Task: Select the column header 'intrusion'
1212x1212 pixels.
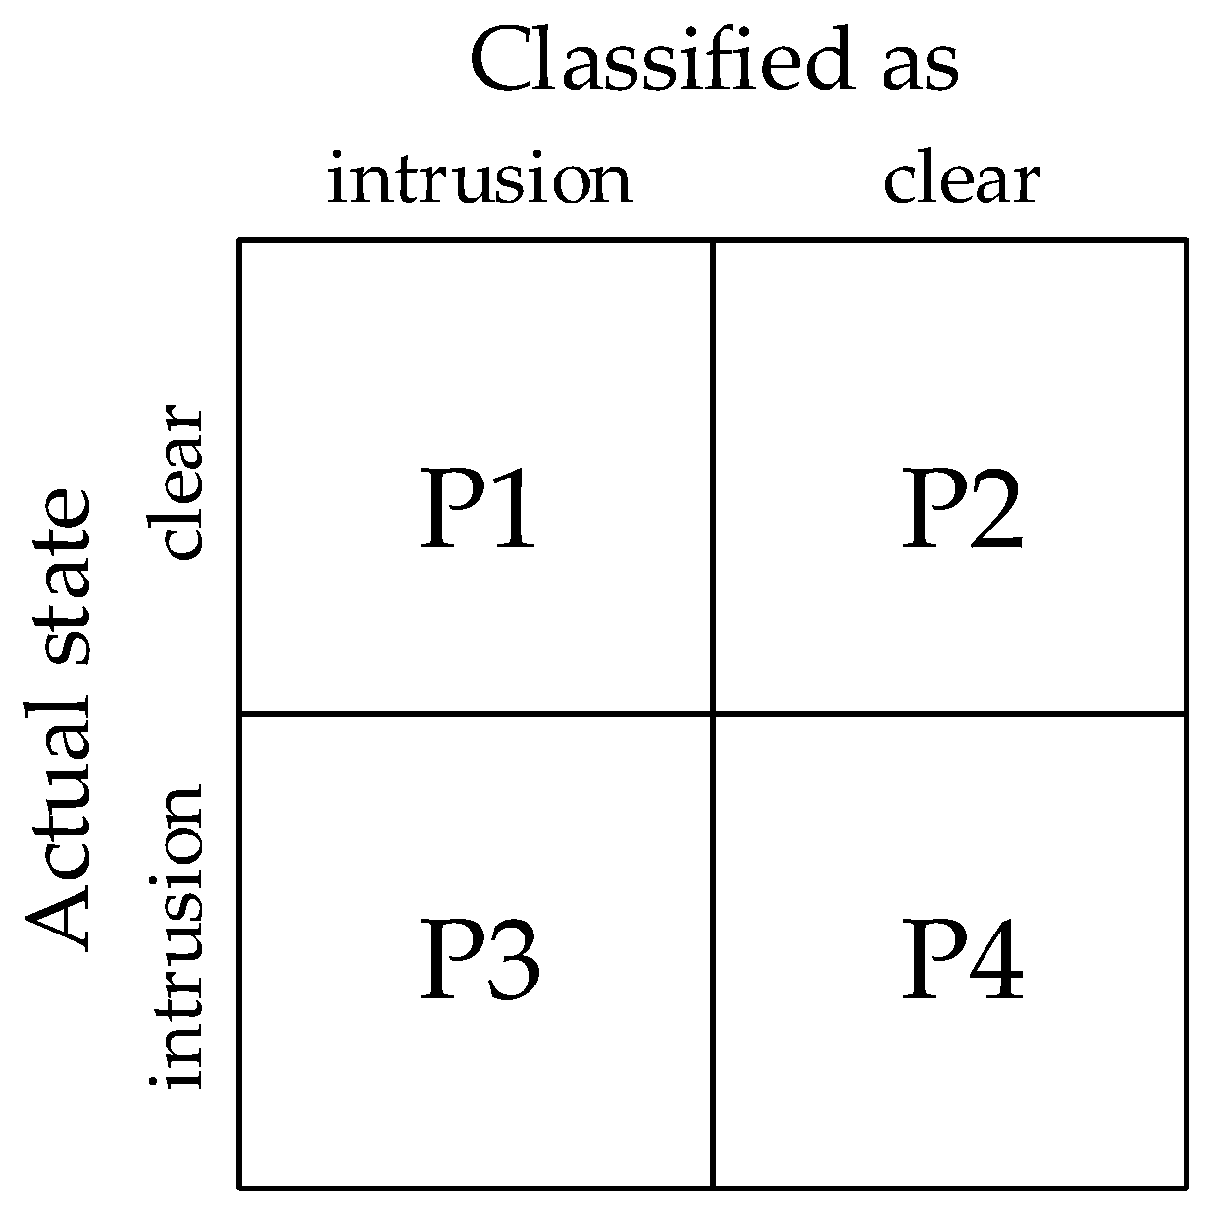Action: point(480,179)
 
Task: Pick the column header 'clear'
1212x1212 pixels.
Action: point(961,179)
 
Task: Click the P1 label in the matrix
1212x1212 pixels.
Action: point(478,507)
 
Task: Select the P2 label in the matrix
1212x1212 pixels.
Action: point(962,507)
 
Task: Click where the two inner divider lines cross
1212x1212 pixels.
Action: point(713,713)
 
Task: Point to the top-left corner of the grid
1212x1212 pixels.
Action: point(240,240)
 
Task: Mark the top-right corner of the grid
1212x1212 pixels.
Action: point(1187,240)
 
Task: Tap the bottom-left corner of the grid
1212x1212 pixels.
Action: point(240,1187)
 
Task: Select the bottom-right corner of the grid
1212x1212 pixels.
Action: point(1187,1187)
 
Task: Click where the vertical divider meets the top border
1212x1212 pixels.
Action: point(713,240)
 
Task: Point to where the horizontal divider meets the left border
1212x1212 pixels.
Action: point(240,713)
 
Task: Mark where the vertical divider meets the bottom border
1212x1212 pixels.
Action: point(713,1187)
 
